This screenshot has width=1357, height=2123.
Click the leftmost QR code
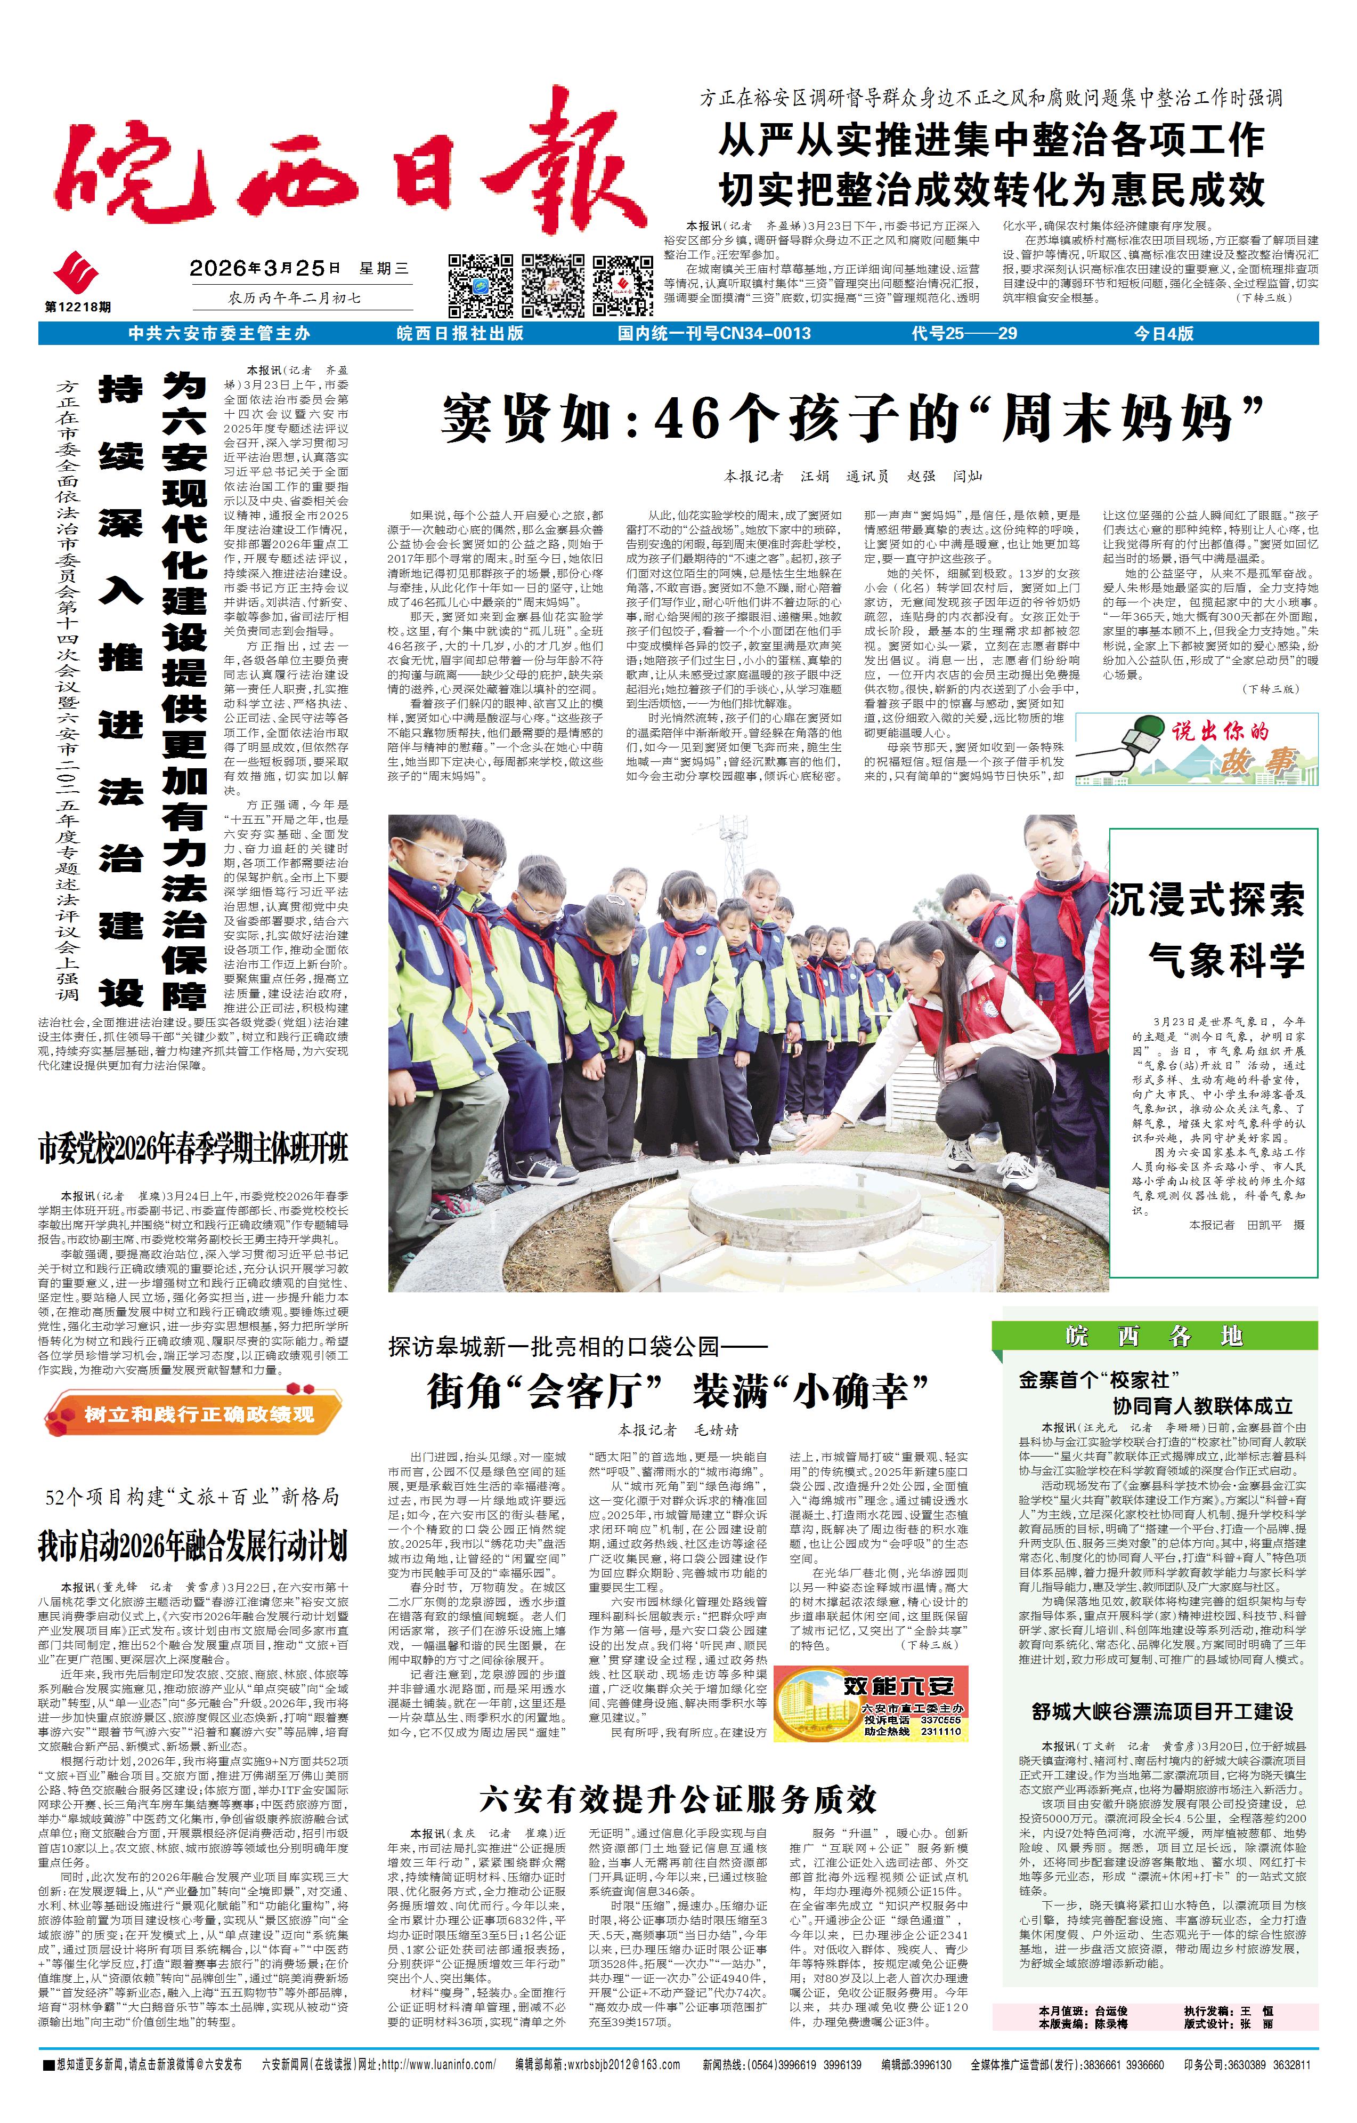480,285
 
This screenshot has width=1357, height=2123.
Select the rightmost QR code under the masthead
623,285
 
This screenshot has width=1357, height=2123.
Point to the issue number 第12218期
78,307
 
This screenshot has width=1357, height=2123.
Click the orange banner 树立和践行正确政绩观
194,1414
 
